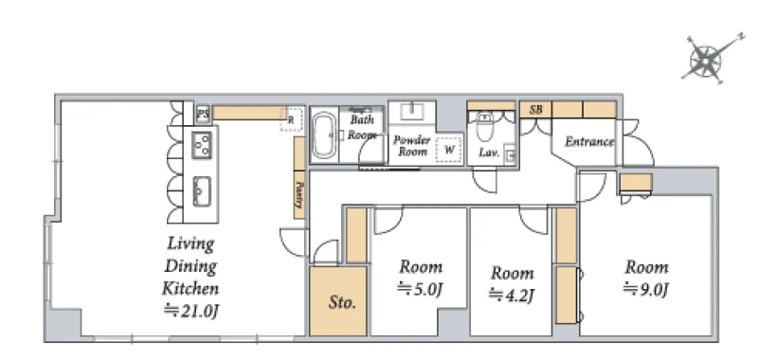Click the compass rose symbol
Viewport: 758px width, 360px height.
706,61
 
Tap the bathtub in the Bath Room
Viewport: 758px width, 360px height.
324,136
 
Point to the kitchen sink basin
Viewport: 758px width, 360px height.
202,190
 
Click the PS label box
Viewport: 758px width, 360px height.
203,115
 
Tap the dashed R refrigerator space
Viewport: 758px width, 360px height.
292,118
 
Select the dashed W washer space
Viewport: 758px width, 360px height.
449,150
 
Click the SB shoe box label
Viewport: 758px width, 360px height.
535,110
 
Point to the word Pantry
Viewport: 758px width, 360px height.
299,194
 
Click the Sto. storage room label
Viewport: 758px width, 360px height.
342,303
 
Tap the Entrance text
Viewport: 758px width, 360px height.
589,142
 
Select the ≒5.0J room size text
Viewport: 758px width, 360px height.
421,289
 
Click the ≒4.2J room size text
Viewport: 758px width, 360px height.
512,294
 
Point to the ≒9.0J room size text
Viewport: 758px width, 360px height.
647,289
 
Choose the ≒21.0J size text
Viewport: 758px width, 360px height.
191,310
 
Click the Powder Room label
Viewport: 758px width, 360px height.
412,146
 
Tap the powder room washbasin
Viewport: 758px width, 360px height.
412,112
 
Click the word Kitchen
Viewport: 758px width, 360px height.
190,289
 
